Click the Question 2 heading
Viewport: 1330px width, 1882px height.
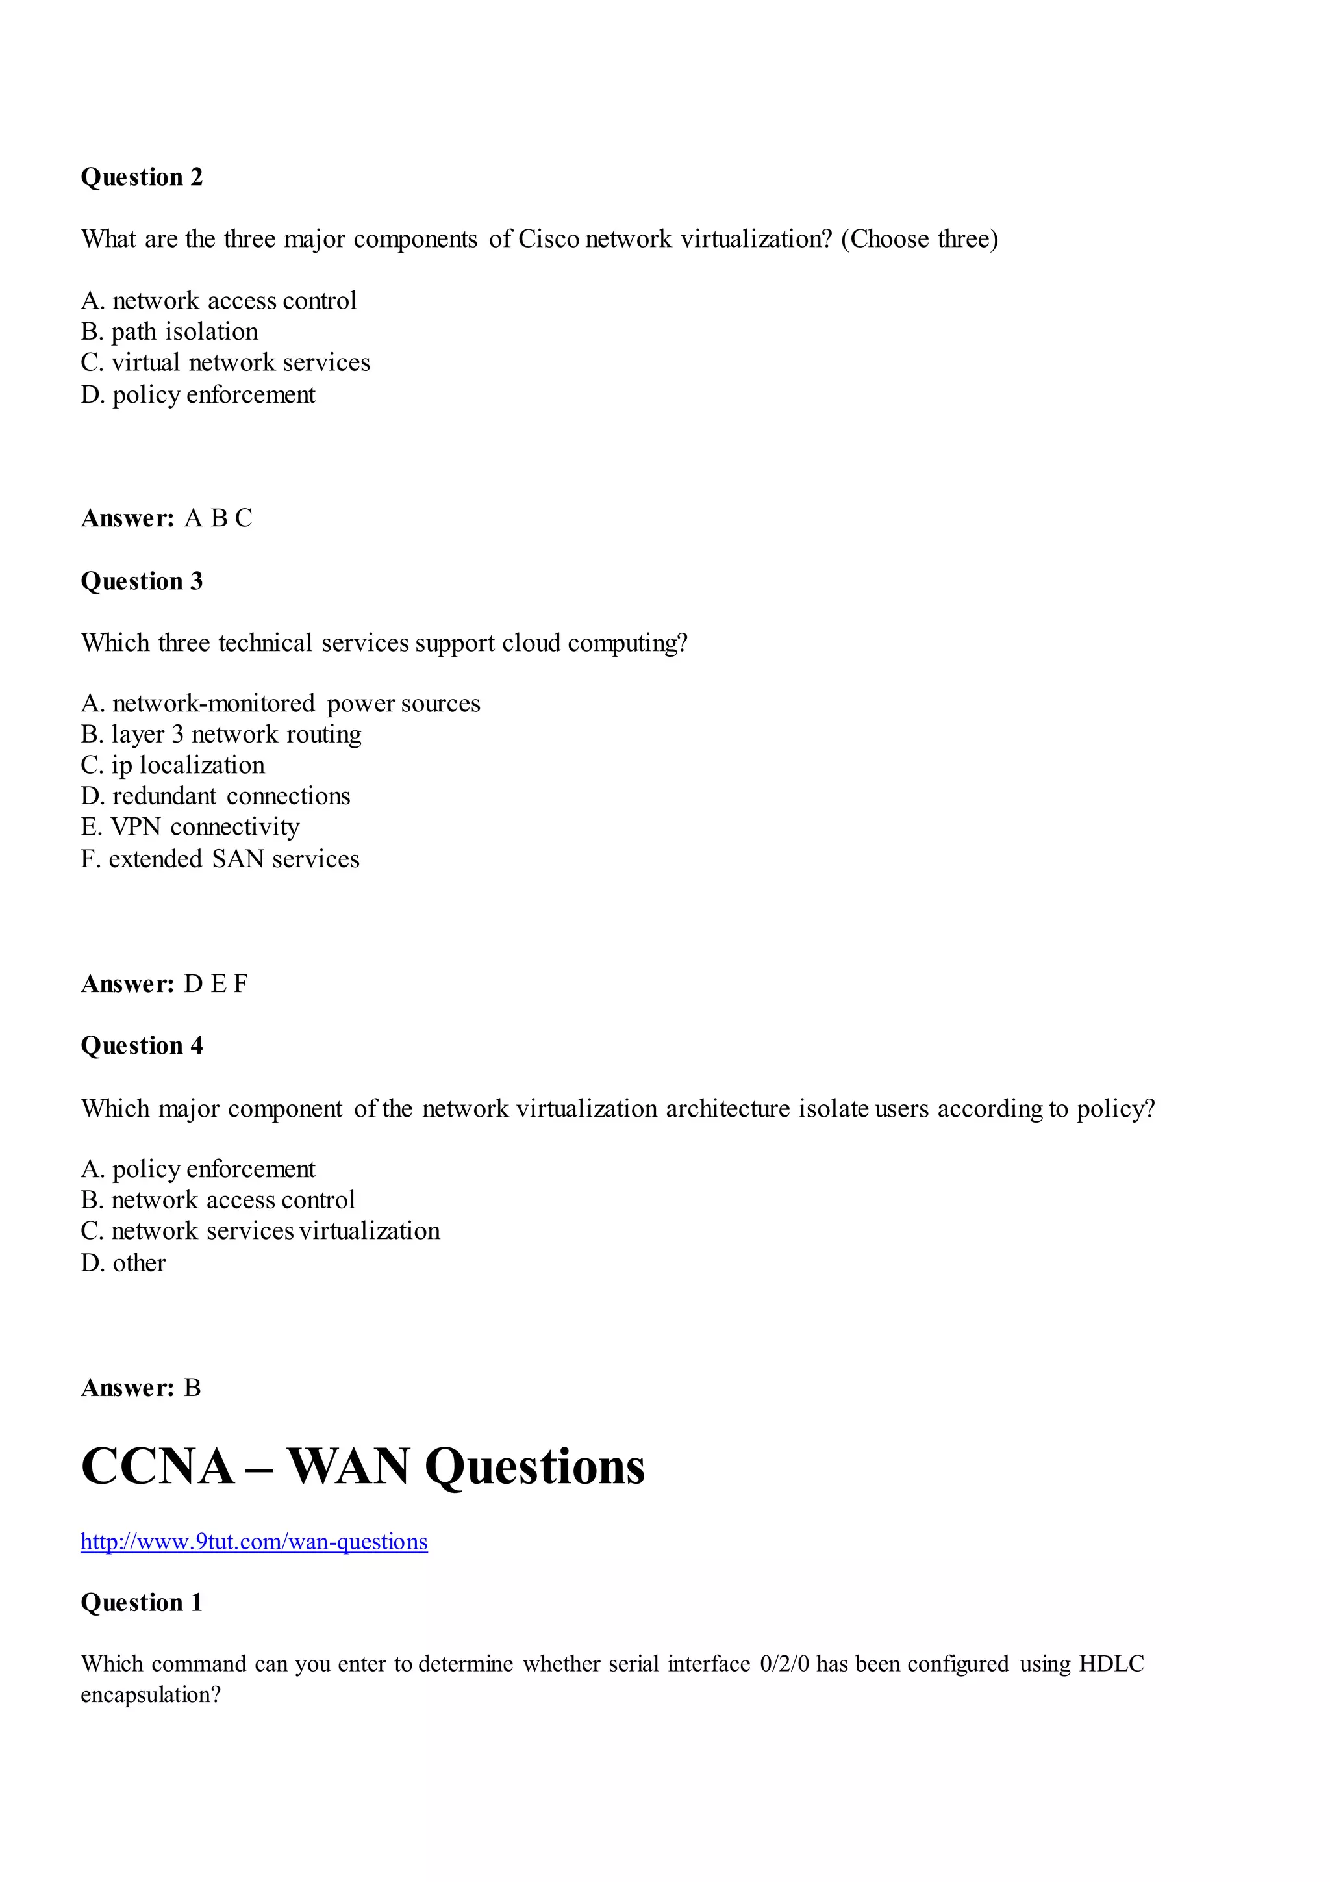click(x=142, y=177)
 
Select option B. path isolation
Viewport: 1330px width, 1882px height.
click(x=169, y=331)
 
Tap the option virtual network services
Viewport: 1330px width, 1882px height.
click(x=225, y=362)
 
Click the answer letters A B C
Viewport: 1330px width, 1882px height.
click(x=218, y=518)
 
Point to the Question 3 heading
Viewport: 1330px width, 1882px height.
click(x=142, y=581)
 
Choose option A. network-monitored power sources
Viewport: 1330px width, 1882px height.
click(x=281, y=704)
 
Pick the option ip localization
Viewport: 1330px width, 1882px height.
click(x=173, y=765)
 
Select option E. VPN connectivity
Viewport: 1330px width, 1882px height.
click(x=190, y=826)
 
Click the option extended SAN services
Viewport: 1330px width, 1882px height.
click(x=220, y=858)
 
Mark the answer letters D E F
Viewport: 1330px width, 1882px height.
click(x=216, y=984)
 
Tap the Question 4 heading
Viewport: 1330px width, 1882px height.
click(x=142, y=1046)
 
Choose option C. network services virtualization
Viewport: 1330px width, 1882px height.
click(x=260, y=1230)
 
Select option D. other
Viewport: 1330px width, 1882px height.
click(x=124, y=1262)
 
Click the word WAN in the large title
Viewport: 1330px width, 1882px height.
click(x=348, y=1466)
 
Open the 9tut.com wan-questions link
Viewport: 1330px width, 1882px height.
click(x=254, y=1542)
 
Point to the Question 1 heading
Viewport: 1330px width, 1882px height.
click(x=142, y=1603)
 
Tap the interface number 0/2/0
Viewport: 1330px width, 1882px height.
click(x=784, y=1664)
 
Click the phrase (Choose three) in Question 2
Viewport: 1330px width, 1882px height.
click(x=920, y=238)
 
